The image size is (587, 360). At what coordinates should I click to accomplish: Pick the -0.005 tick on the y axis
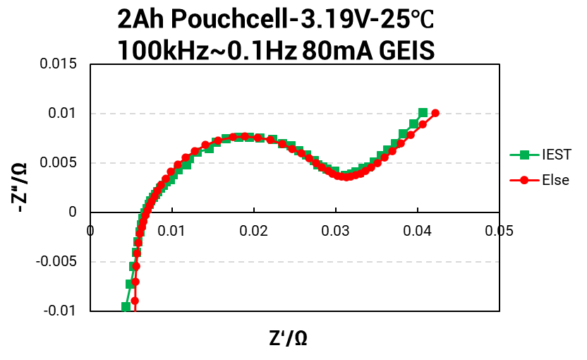tap(60, 262)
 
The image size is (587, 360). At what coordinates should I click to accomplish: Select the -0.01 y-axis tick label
tap(63, 311)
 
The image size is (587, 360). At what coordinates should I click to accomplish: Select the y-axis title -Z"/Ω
tap(20, 188)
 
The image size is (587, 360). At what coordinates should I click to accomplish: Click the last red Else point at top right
tap(435, 113)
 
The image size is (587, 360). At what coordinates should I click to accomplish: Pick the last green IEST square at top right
tap(423, 113)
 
